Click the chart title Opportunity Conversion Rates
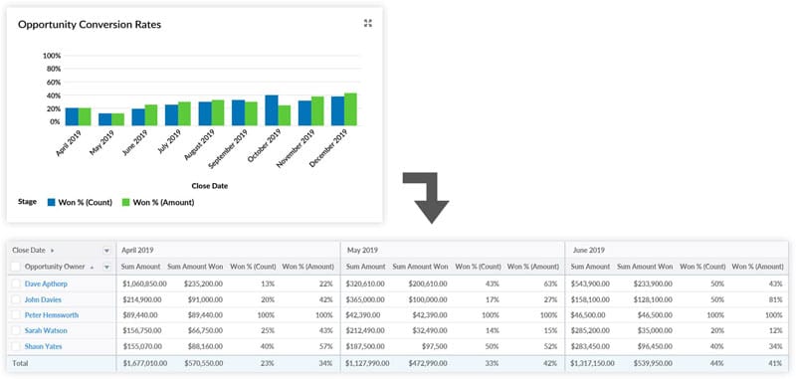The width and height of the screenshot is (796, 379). coord(90,23)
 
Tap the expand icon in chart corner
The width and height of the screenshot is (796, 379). coord(368,23)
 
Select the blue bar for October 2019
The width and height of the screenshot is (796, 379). coord(271,110)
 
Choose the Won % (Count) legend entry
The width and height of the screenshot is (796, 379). coord(91,202)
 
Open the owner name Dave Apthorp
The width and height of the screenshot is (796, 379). coord(48,284)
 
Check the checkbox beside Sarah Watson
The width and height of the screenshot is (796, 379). coord(15,331)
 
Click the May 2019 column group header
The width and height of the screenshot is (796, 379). coord(364,250)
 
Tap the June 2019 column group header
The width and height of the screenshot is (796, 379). coord(588,250)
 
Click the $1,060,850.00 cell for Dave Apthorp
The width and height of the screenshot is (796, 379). coord(144,284)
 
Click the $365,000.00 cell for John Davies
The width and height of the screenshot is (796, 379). coord(368,299)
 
